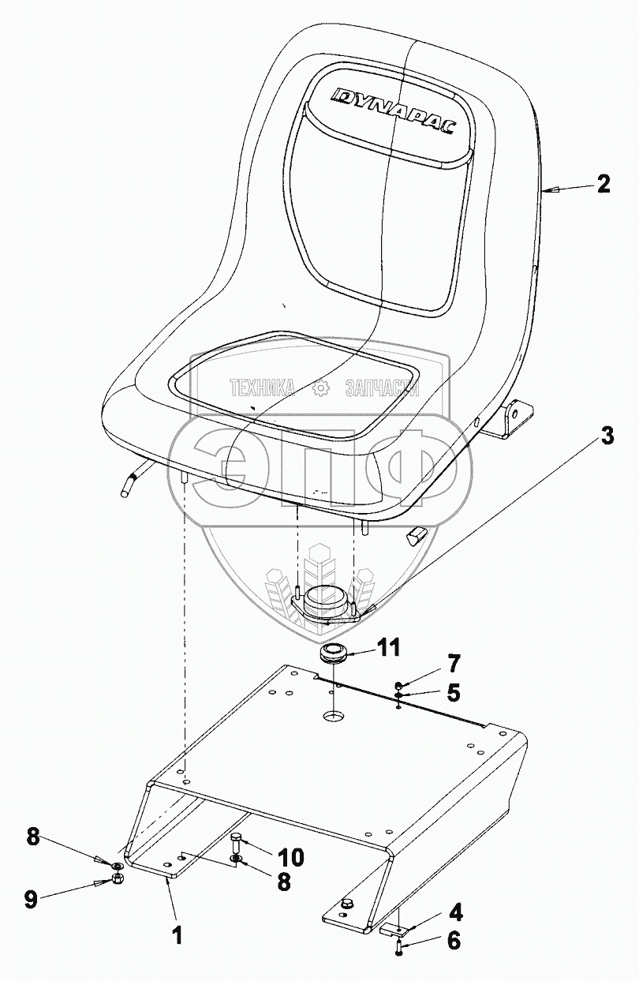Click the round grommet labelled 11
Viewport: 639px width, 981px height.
[334, 654]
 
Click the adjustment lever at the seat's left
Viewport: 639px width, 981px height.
[131, 481]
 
